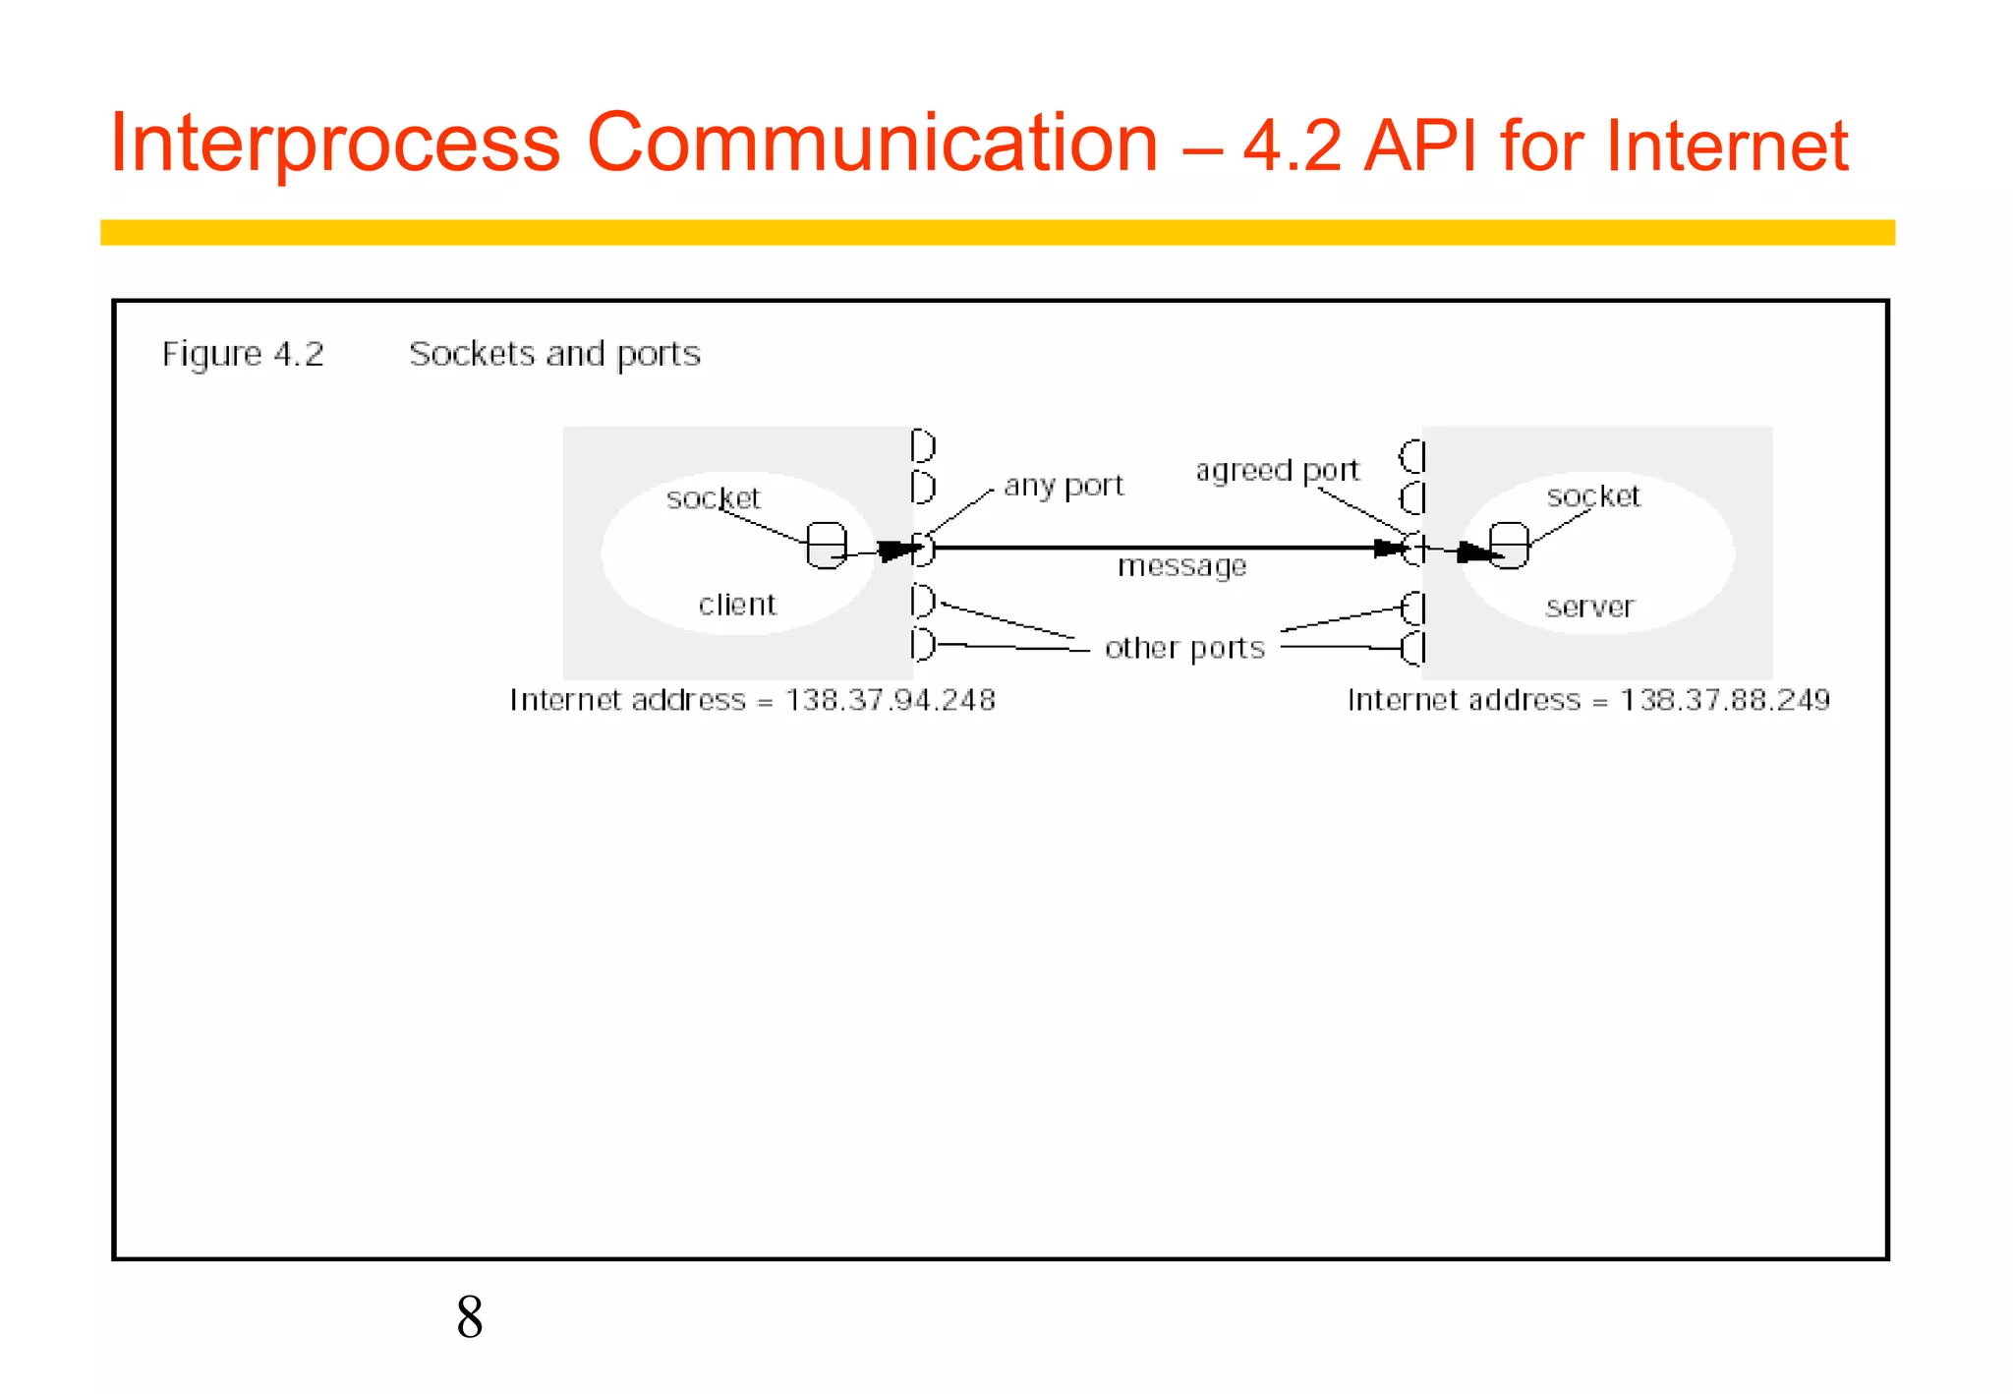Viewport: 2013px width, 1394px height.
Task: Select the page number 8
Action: (x=469, y=1316)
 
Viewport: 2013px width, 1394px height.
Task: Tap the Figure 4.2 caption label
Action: (x=243, y=354)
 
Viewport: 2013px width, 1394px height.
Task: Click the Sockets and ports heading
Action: (x=554, y=354)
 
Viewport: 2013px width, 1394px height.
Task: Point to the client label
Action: (x=737, y=605)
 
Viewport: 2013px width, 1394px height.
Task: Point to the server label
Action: (x=1589, y=607)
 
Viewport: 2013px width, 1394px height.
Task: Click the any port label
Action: (x=1064, y=486)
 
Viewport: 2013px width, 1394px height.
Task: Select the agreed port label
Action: (x=1277, y=471)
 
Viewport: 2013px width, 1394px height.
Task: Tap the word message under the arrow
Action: (x=1181, y=566)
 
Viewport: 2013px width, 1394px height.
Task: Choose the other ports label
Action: (x=1184, y=649)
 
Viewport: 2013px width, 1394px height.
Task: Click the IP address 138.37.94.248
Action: (x=891, y=700)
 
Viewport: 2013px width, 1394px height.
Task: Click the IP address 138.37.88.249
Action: (x=1725, y=700)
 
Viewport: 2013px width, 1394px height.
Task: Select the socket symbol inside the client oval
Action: (x=826, y=545)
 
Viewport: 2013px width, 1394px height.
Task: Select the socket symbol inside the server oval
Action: (x=1509, y=545)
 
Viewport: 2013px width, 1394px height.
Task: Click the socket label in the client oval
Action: (x=714, y=498)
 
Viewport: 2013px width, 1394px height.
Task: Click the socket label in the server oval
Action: (x=1593, y=496)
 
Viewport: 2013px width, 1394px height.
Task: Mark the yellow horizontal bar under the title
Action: (x=997, y=232)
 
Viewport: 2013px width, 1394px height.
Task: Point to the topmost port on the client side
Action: (x=922, y=446)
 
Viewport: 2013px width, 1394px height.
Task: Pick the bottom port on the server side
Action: (x=1413, y=649)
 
